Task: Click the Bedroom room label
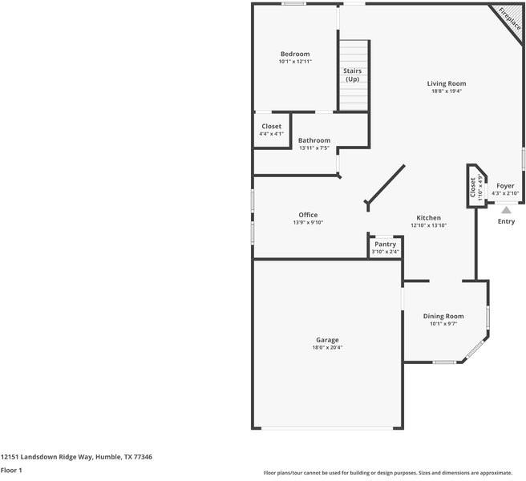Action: pos(294,54)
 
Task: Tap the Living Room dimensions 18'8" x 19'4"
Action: pos(446,91)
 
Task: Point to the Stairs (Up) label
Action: pos(352,75)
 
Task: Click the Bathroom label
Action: pos(314,140)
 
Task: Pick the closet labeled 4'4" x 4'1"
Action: pos(271,130)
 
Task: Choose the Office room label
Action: pos(308,215)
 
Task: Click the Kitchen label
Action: pos(428,218)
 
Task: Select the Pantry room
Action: pos(385,248)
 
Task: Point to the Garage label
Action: pos(326,340)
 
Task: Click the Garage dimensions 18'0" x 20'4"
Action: pos(326,348)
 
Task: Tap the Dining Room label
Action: pos(443,316)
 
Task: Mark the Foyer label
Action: pos(505,186)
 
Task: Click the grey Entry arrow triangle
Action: pos(506,210)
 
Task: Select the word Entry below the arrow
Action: pos(506,222)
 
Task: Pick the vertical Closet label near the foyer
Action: pos(473,188)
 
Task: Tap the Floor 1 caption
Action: pos(11,471)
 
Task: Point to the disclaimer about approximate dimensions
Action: pos(394,472)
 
